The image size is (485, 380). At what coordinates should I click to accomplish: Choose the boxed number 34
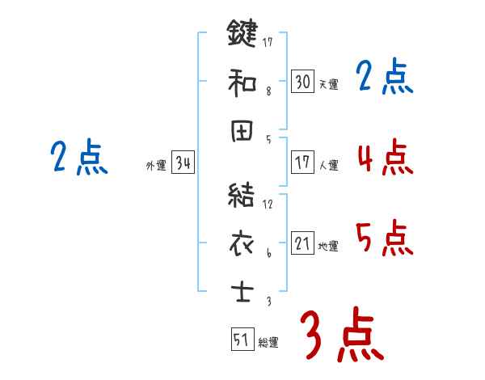tap(183, 164)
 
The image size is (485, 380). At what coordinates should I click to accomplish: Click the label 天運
tap(328, 84)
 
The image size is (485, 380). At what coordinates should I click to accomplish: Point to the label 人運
tap(328, 165)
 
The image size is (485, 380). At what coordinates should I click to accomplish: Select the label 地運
tap(328, 246)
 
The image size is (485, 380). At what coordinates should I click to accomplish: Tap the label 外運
tap(156, 166)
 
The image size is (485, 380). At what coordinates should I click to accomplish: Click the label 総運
tap(268, 343)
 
